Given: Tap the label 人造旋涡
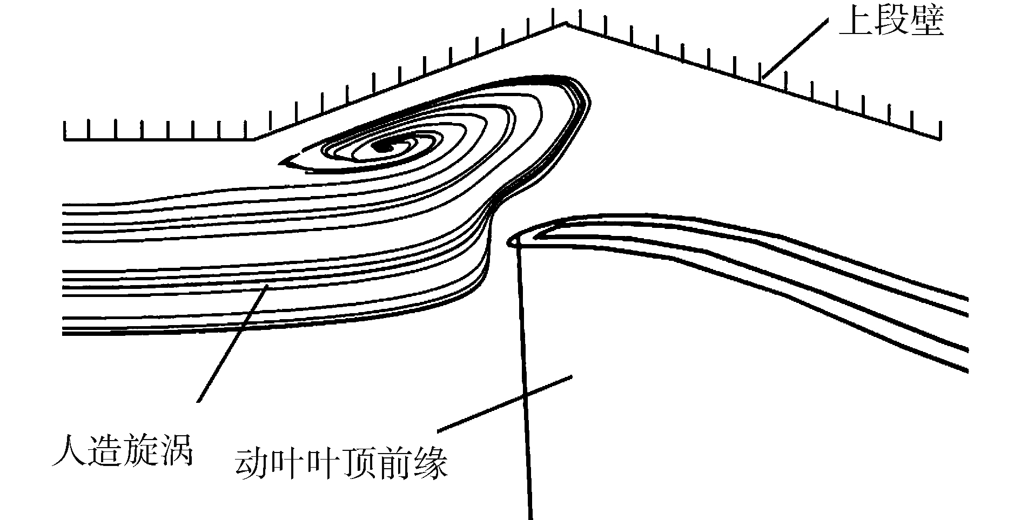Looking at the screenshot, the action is pyautogui.click(x=123, y=450).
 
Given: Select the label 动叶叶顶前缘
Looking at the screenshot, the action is pyautogui.click(x=342, y=463).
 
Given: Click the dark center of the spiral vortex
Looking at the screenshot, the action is pyautogui.click(x=384, y=146).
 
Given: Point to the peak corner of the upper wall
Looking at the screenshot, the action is pyautogui.click(x=566, y=23).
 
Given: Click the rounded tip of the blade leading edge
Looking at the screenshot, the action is pyautogui.click(x=511, y=241).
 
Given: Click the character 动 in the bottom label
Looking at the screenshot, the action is pyautogui.click(x=253, y=463).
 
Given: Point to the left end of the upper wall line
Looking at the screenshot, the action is pyautogui.click(x=65, y=139).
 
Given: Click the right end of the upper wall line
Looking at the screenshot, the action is pyautogui.click(x=941, y=138).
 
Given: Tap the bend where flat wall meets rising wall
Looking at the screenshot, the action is pyautogui.click(x=255, y=139).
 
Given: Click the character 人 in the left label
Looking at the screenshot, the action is pyautogui.click(x=70, y=450).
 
